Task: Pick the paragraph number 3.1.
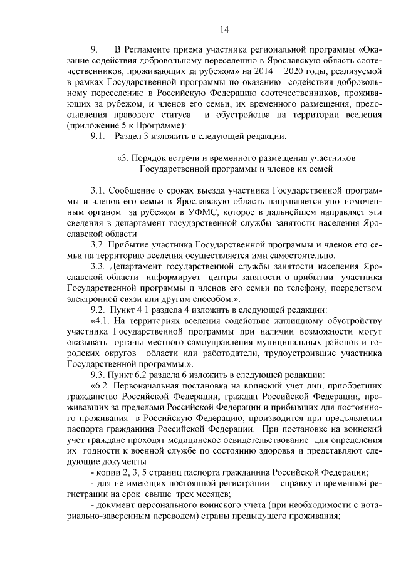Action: [x=99, y=189]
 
